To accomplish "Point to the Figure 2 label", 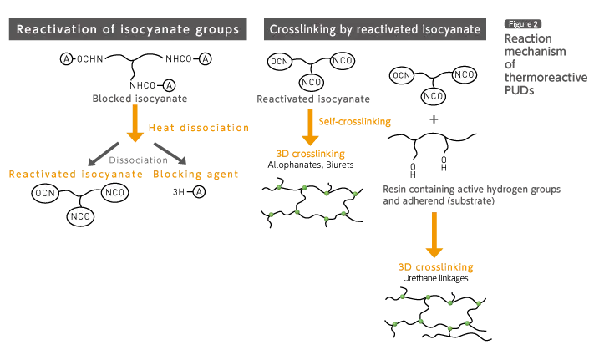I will point(523,24).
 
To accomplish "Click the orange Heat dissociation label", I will point(198,129).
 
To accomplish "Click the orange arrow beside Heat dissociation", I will point(134,124).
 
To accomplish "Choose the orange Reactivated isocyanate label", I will point(75,175).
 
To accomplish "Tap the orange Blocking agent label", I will point(196,175).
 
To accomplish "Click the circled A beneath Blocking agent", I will point(199,192).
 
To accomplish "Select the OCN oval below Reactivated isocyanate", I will point(45,194).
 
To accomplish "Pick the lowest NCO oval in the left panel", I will point(80,217).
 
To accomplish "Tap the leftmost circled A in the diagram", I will point(66,59).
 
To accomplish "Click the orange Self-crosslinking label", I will point(355,122).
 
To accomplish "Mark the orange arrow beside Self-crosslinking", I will point(310,126).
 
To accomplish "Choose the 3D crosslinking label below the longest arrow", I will point(434,268).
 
